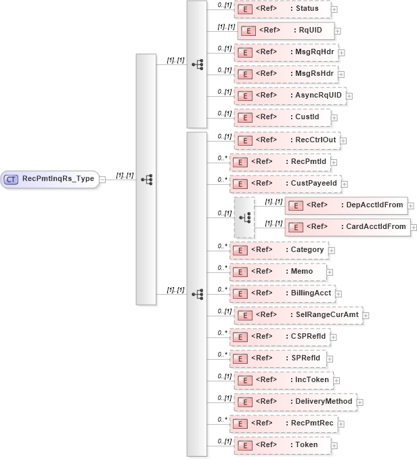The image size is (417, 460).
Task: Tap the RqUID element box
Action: [x=286, y=30]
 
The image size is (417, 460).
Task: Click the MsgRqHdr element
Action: [x=286, y=52]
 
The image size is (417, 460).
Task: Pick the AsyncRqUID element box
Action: [x=290, y=96]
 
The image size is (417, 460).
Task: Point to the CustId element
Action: [x=282, y=117]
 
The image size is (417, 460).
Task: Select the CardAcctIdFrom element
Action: [x=347, y=227]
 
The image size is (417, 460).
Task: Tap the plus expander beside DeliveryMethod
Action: [x=359, y=402]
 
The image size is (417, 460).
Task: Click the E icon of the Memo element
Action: [x=239, y=272]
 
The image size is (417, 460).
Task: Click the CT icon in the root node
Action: [x=12, y=180]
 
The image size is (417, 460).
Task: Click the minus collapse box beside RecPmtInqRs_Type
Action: [x=102, y=180]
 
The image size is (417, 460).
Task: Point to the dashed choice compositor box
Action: [x=244, y=217]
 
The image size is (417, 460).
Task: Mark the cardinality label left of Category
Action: [x=221, y=245]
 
